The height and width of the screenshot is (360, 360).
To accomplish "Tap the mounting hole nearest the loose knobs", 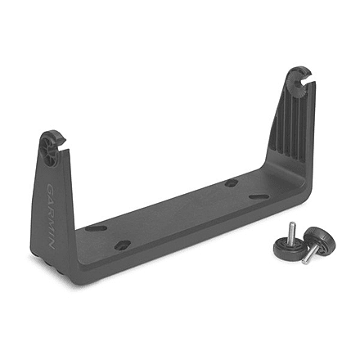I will [255, 196].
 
